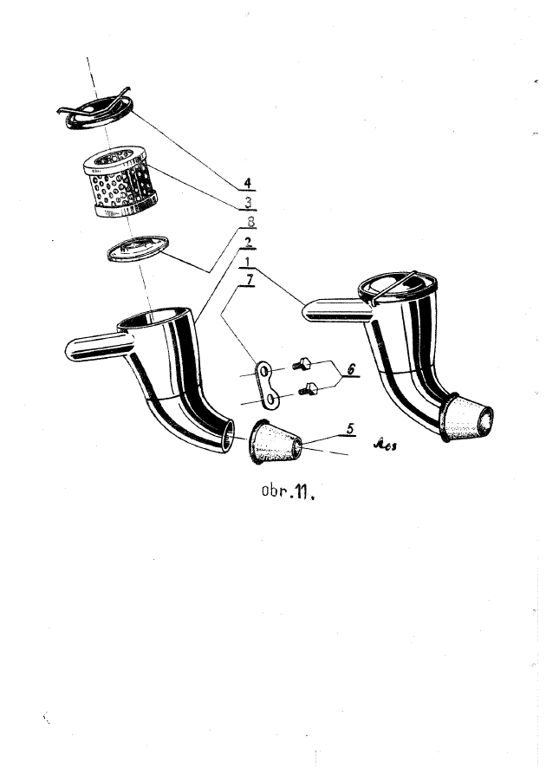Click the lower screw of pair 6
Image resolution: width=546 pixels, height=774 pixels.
click(308, 392)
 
